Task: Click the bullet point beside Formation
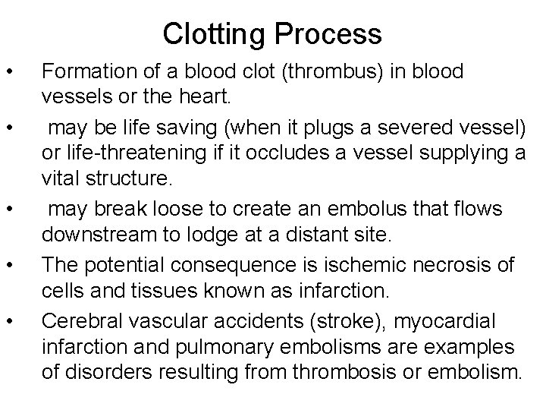point(9,73)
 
